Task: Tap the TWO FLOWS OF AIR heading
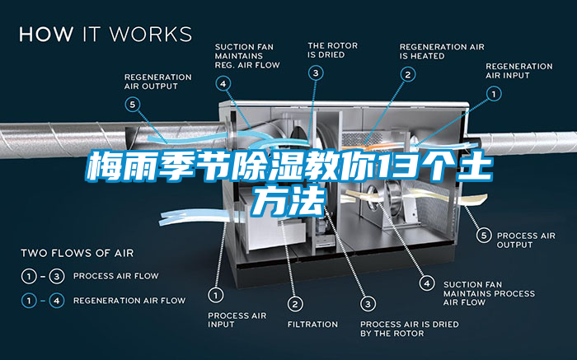click(77, 252)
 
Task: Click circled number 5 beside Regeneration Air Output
click(134, 104)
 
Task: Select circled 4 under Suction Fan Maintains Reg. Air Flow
click(223, 82)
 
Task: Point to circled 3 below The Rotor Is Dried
click(317, 73)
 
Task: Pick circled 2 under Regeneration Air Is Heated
click(407, 74)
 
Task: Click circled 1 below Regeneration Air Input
click(494, 95)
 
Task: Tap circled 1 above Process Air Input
click(216, 293)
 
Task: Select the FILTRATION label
click(312, 324)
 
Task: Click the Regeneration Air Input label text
click(518, 71)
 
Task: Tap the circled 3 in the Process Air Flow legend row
click(56, 275)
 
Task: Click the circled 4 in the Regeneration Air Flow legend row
click(56, 300)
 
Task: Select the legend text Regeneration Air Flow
click(129, 300)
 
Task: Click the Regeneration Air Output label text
click(157, 82)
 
